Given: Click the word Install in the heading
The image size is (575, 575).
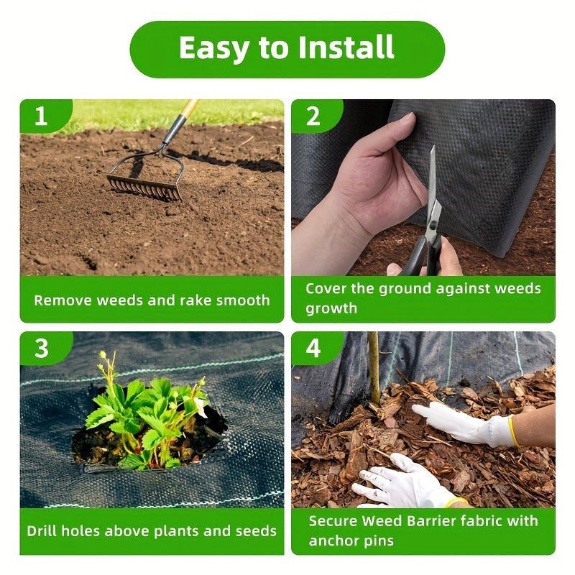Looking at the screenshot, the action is tap(346, 47).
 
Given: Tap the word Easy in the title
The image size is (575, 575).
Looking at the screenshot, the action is tap(213, 49).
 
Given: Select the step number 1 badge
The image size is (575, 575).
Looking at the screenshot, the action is tap(41, 116).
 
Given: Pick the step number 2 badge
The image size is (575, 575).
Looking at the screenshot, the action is tap(313, 116).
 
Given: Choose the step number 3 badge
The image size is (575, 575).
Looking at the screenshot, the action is tap(42, 348).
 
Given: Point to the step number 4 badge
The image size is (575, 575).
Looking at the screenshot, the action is tap(313, 348).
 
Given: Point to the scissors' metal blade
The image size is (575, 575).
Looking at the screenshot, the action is tap(433, 187).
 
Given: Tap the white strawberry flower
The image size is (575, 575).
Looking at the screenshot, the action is tap(201, 407).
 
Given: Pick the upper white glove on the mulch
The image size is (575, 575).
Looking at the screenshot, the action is tap(466, 424).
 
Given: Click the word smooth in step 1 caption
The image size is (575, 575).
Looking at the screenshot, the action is tap(243, 300).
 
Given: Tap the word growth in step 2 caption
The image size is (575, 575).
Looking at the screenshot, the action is tap(331, 309).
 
